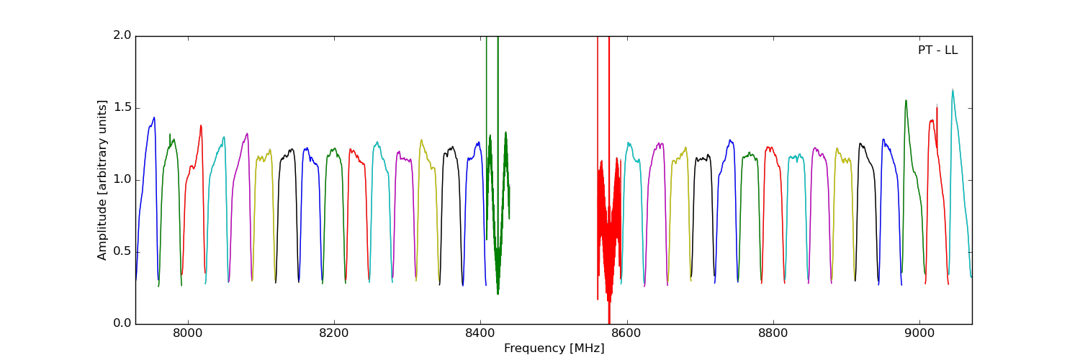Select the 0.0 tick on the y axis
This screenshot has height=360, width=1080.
tap(122, 323)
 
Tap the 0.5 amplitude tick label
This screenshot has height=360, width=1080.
tap(122, 251)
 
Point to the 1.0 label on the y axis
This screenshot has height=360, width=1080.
tap(122, 179)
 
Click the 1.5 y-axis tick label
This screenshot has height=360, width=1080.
tap(122, 107)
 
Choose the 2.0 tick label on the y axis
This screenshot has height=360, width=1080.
tap(122, 35)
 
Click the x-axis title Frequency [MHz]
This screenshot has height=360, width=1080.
tap(554, 348)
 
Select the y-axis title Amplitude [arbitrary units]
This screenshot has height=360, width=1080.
tap(102, 180)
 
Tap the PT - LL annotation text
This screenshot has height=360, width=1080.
tap(937, 50)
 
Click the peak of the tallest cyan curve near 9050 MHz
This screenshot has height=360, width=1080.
tap(953, 91)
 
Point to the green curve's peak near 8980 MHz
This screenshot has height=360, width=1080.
tap(906, 101)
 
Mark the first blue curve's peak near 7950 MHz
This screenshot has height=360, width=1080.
tap(153, 118)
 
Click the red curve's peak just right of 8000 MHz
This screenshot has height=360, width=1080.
tap(201, 126)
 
